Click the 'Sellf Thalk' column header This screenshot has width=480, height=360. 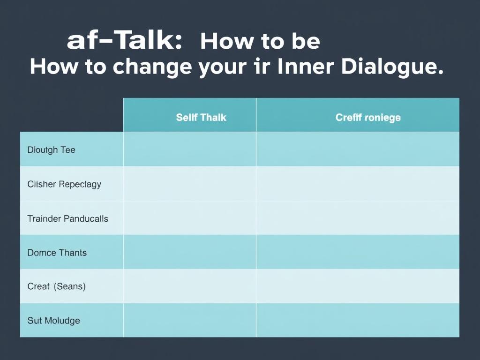[x=201, y=117]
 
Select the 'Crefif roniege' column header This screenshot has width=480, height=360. [x=368, y=117]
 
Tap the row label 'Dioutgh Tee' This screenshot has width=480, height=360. [x=51, y=150]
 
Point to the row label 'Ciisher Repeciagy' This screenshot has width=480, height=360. [x=64, y=184]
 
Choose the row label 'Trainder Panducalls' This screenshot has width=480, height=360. [x=67, y=218]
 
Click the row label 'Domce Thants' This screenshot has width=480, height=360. [x=57, y=253]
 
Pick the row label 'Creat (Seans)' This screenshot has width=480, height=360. [x=56, y=286]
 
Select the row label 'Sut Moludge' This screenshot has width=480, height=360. [x=53, y=321]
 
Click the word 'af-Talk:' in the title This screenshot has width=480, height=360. [x=124, y=41]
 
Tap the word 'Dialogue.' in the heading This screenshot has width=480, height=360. [x=392, y=67]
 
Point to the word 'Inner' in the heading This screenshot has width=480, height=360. [x=305, y=67]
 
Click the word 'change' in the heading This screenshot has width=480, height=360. [x=152, y=67]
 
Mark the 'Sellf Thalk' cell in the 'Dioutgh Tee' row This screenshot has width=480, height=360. [x=190, y=150]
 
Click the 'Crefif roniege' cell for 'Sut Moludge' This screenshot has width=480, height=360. [x=358, y=320]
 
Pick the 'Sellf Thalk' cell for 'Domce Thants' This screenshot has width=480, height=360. [x=190, y=252]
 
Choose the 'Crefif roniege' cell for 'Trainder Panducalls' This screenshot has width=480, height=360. [x=358, y=218]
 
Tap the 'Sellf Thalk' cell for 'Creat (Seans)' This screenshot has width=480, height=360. [x=190, y=286]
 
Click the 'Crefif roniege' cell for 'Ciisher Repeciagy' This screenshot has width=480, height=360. [x=358, y=184]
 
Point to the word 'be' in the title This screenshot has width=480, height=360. [x=306, y=42]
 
